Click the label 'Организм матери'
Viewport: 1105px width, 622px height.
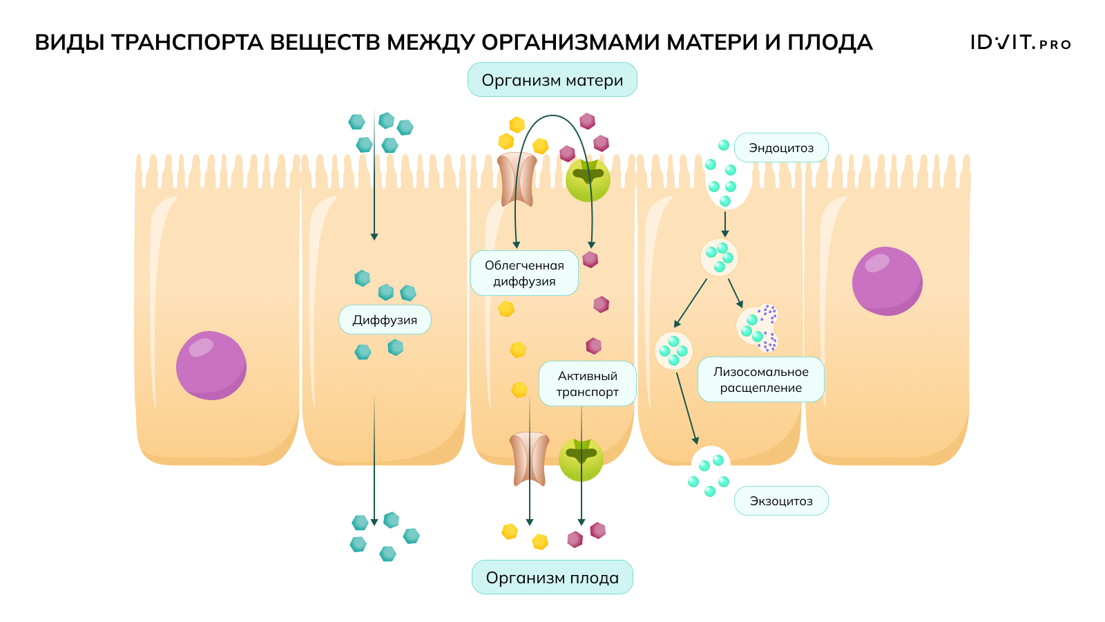[x=552, y=80]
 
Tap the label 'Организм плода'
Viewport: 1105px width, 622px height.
[x=552, y=578]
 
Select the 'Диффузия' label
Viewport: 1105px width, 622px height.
[x=385, y=320]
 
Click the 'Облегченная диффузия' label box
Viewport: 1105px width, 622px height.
[x=524, y=273]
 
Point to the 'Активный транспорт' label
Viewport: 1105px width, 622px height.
[x=587, y=384]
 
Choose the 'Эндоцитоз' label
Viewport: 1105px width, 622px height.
[x=781, y=148]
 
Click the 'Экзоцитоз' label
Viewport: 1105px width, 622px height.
[x=781, y=501]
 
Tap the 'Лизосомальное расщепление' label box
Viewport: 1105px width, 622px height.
[x=760, y=379]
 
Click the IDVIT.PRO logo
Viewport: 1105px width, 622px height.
[x=1020, y=43]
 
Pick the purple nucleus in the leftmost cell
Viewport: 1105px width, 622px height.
[x=211, y=365]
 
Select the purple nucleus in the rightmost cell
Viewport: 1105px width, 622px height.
[x=887, y=281]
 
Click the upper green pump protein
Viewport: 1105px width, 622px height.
[x=588, y=180]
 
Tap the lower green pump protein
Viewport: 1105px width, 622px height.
[x=581, y=460]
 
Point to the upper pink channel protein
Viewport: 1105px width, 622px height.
[x=517, y=180]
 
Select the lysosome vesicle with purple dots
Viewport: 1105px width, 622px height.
[x=758, y=327]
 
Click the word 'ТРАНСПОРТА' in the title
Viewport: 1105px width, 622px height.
[x=187, y=43]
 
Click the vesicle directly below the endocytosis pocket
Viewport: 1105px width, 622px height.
[x=719, y=257]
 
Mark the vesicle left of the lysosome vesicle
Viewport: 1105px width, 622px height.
[x=673, y=350]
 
